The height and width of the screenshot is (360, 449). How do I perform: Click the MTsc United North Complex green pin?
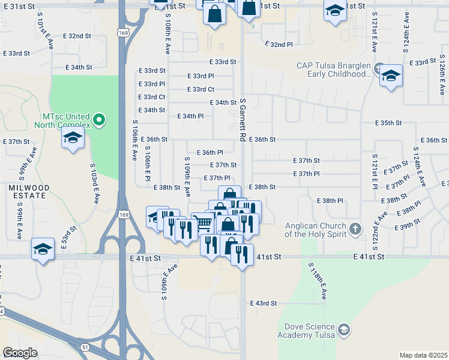100,121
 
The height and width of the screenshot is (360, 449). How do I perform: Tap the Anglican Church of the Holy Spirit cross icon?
355,228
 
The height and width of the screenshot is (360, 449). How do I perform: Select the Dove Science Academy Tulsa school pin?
343,329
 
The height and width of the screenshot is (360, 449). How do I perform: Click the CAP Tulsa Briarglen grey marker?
379,68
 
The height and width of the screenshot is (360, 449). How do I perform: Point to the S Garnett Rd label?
243,120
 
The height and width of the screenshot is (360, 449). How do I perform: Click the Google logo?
20,352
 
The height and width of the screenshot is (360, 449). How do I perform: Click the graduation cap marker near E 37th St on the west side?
73,139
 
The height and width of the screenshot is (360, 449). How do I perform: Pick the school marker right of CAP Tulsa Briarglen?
391,76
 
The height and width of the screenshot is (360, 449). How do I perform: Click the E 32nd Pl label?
279,44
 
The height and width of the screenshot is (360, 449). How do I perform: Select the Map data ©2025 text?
423,355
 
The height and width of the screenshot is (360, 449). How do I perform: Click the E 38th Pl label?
330,200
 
